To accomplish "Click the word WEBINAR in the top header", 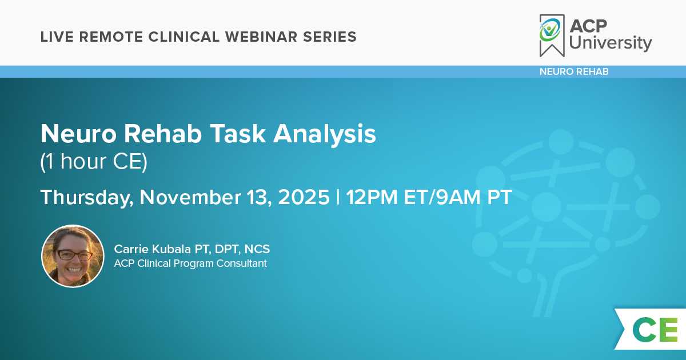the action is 261,37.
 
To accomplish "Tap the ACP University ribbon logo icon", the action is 552,35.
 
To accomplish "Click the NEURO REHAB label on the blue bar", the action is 574,71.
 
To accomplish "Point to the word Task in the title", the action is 238,134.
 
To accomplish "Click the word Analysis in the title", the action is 324,134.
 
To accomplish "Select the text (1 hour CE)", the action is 94,162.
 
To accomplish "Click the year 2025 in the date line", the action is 304,197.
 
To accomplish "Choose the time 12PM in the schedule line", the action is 372,197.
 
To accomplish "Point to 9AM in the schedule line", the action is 458,197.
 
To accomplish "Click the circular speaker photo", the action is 73,257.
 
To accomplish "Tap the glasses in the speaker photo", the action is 73,255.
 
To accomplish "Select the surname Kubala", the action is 171,249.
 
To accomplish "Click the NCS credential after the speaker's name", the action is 257,249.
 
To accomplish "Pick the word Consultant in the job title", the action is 242,263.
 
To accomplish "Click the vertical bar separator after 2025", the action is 338,197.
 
